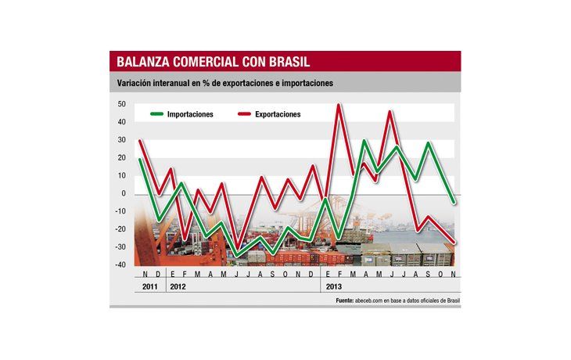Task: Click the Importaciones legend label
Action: coord(190,114)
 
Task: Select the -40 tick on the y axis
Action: coord(121,265)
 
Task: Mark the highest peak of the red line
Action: coord(339,105)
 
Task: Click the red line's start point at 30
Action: coord(140,141)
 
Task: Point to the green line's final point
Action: coord(454,202)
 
